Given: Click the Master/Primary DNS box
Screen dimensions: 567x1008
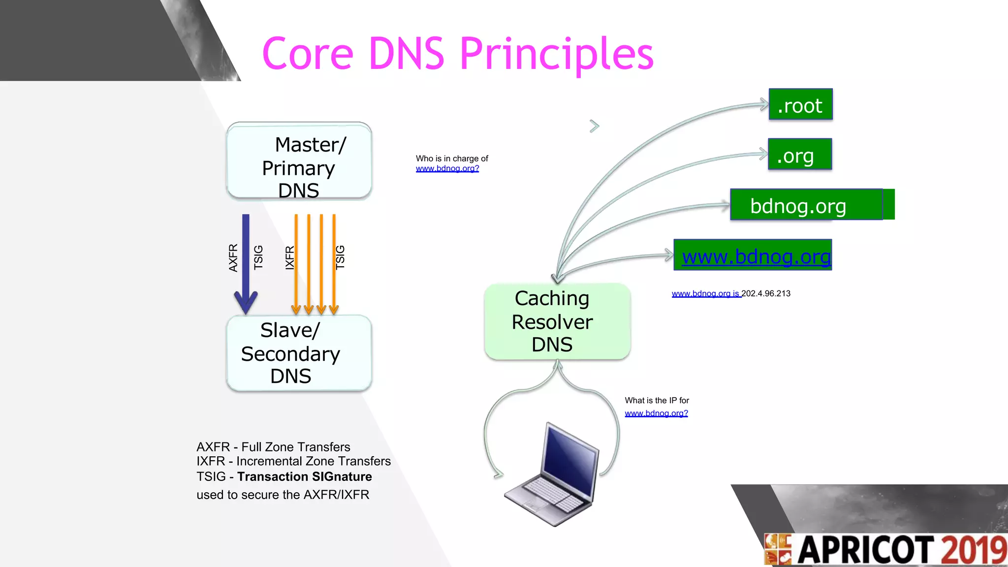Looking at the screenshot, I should pos(299,161).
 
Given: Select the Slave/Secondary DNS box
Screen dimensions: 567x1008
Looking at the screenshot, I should pos(299,353).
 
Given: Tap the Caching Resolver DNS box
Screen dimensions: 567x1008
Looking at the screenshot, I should pos(557,321).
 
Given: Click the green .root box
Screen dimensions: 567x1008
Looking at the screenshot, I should pos(800,104).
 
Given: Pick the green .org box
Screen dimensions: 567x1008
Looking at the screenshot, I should pos(800,155).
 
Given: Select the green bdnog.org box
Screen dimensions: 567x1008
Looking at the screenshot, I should pos(806,205).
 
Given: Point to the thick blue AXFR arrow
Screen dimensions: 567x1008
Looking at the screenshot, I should pos(246,261).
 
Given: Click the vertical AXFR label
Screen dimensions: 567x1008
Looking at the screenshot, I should pos(233,257).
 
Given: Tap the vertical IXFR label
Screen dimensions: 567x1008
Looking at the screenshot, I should pos(290,257).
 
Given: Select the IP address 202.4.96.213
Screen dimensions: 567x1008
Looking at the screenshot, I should pos(766,294).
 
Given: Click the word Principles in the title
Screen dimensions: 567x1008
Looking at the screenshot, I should pos(556,54).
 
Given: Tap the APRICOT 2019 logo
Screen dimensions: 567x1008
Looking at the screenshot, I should pos(886,550).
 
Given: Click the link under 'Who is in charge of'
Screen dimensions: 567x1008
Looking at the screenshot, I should pos(447,169).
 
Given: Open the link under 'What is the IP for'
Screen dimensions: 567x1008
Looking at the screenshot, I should pos(656,413).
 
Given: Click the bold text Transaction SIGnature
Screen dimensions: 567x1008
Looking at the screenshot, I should pos(304,476).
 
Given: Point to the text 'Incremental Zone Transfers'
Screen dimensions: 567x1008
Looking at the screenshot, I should pos(313,461).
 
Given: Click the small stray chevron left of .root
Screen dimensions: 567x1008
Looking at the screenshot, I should pos(594,126).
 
